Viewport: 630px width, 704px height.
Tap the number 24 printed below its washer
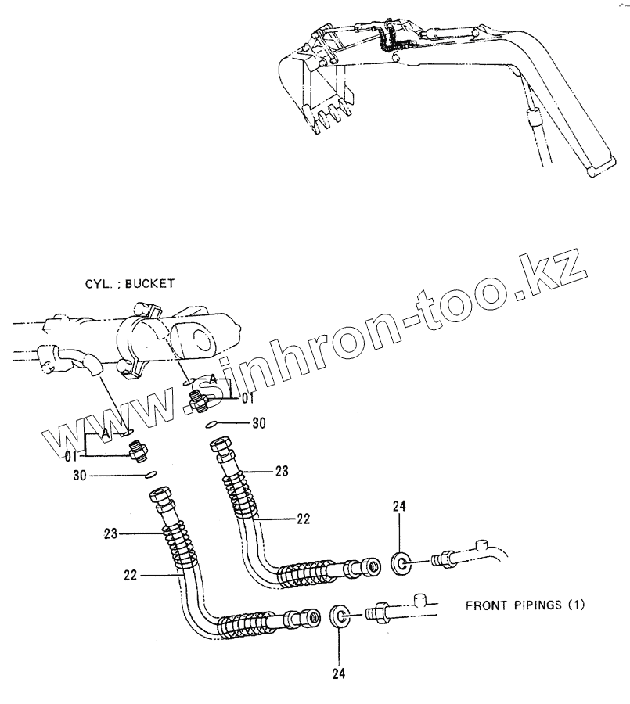point(338,673)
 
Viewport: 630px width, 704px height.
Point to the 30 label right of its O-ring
point(259,423)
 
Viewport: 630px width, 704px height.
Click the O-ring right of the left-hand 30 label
point(149,474)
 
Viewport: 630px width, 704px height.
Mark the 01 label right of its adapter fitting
point(247,398)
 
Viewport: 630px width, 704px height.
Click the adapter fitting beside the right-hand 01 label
point(199,400)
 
